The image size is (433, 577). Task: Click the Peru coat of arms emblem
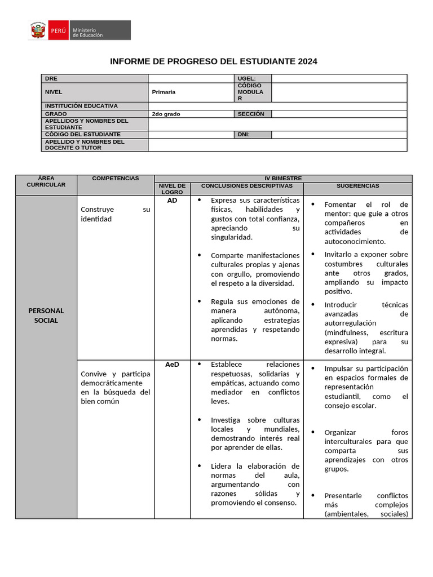pyautogui.click(x=38, y=30)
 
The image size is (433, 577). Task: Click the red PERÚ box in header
pyautogui.click(x=58, y=30)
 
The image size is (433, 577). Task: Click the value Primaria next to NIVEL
pyautogui.click(x=164, y=92)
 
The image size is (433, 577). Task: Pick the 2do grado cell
pyautogui.click(x=166, y=114)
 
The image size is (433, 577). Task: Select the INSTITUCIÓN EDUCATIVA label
pyautogui.click(x=81, y=106)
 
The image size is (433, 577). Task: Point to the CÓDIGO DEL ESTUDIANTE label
pyautogui.click(x=82, y=135)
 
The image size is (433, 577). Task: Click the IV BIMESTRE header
pyautogui.click(x=283, y=178)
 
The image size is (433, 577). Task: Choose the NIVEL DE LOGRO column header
pyautogui.click(x=172, y=189)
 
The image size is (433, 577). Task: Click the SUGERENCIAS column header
pyautogui.click(x=357, y=186)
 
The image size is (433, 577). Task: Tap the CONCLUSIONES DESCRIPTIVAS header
pyautogui.click(x=246, y=186)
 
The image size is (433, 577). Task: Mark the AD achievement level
pyautogui.click(x=172, y=200)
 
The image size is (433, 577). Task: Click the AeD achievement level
pyautogui.click(x=172, y=365)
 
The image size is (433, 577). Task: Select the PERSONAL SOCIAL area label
pyautogui.click(x=46, y=316)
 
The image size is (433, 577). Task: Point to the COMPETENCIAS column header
pyautogui.click(x=115, y=178)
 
